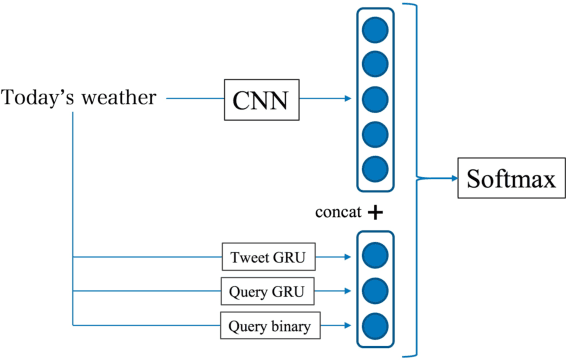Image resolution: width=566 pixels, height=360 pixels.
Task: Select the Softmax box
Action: coord(508,180)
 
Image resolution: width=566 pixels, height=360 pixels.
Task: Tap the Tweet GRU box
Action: coord(267,257)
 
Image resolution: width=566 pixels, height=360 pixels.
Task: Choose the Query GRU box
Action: coord(267,291)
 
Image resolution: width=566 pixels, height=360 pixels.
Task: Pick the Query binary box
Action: coord(267,324)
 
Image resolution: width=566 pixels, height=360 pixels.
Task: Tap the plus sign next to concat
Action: coord(375,213)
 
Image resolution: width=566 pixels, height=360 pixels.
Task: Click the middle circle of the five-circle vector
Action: coord(374,99)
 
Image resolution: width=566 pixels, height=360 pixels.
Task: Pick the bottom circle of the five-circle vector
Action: coord(374,167)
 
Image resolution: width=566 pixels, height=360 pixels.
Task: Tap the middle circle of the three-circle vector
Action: coord(374,291)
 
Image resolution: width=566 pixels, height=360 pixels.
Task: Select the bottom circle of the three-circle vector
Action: coord(374,325)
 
